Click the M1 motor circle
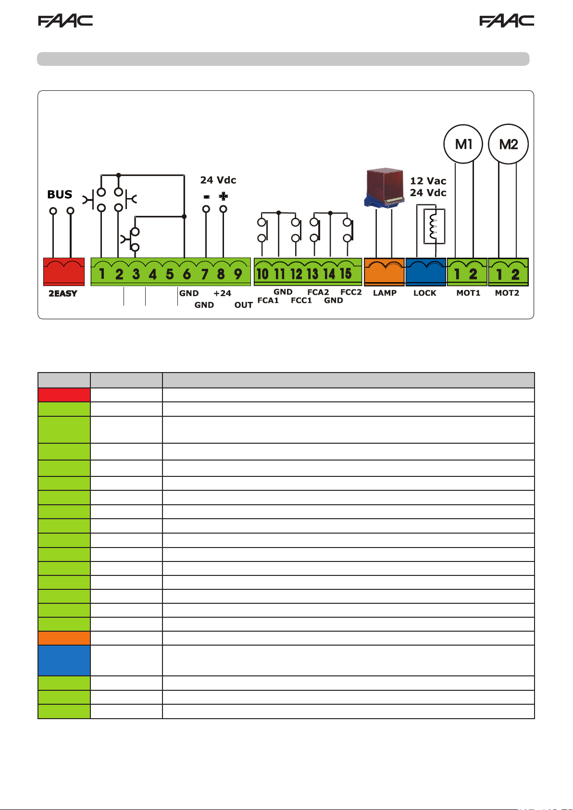[x=463, y=144]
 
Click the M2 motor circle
[x=508, y=144]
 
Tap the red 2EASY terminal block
[x=64, y=272]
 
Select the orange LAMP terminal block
[x=384, y=272]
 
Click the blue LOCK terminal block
[x=425, y=272]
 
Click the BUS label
[x=60, y=195]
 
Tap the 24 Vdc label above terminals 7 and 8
[x=218, y=180]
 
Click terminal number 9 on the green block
[x=238, y=274]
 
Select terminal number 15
[x=346, y=274]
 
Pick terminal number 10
[x=262, y=274]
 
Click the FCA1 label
[x=268, y=300]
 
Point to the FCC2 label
[x=351, y=292]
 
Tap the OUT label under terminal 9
[x=244, y=305]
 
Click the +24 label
[x=222, y=293]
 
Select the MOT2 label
[x=507, y=293]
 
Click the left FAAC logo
[x=65, y=21]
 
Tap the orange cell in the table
[x=64, y=638]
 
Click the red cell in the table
[x=64, y=395]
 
